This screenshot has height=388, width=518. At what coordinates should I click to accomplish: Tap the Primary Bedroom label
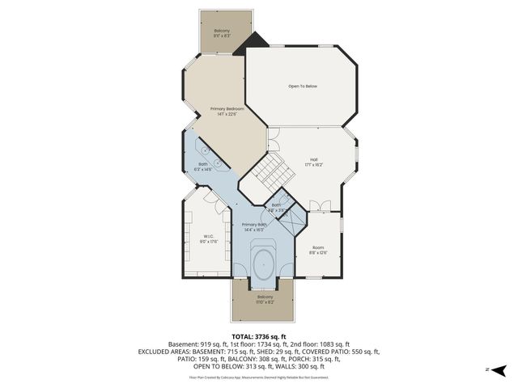pyautogui.click(x=227, y=112)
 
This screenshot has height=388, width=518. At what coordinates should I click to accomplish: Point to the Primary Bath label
pyautogui.click(x=255, y=227)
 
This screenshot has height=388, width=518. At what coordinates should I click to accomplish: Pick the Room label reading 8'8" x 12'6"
pyautogui.click(x=319, y=251)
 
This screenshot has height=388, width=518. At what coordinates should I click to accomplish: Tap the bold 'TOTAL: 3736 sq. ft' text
pyautogui.click(x=259, y=336)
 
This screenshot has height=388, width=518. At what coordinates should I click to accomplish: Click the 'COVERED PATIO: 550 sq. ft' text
pyautogui.click(x=339, y=352)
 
